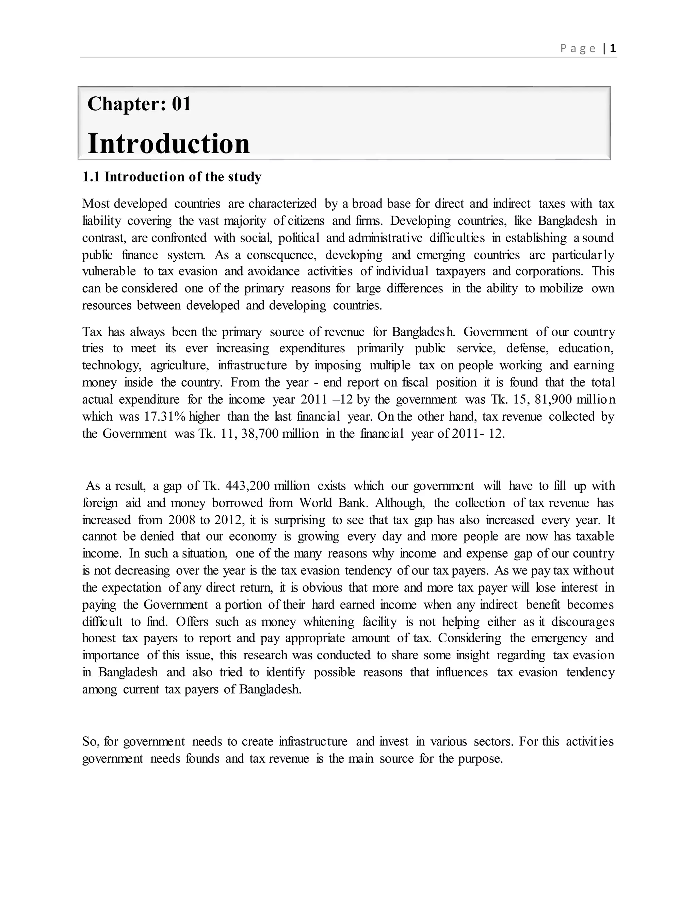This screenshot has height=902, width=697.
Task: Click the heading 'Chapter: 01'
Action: tap(139, 104)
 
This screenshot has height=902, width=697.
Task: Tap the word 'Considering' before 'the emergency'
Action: tap(469, 638)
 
